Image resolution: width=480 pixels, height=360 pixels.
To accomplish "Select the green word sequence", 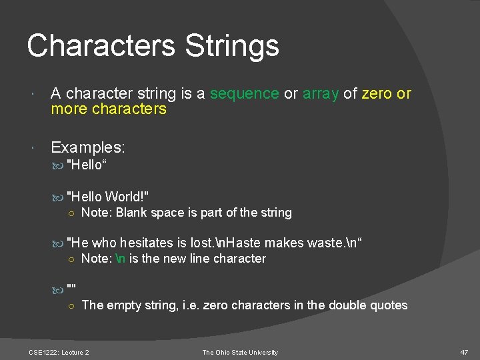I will tap(244, 94).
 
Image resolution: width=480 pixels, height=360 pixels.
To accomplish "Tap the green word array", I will tap(321, 94).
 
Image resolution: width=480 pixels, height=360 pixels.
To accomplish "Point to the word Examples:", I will tap(88, 147).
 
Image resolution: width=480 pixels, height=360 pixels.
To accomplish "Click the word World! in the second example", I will tap(127, 196).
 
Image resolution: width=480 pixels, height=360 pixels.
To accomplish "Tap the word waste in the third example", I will tap(327, 243).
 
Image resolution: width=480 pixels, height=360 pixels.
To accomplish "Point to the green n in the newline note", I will tap(121, 259).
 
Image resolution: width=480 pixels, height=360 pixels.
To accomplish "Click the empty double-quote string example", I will tap(71, 287).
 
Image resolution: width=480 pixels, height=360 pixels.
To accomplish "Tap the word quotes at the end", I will tap(389, 305).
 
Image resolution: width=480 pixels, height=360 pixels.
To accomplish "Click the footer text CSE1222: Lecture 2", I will tap(59, 352).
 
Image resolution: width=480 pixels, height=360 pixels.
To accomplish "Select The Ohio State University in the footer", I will tap(240, 352).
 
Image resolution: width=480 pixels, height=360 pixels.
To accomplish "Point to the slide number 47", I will tap(464, 352).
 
